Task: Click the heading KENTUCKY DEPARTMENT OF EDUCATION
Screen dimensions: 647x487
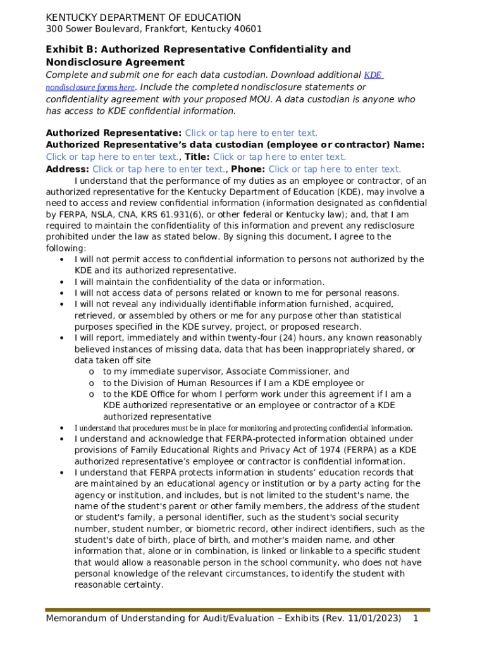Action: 143,18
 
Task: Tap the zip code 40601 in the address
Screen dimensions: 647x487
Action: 248,29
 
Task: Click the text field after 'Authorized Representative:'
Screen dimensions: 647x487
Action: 251,133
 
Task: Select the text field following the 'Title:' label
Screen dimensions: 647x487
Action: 280,157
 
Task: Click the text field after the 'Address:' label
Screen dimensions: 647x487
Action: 159,169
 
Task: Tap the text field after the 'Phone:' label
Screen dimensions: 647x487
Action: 335,169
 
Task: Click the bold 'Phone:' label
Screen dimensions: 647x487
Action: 249,169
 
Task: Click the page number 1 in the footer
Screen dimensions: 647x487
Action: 416,618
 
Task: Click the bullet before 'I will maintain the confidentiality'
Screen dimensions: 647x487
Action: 61,282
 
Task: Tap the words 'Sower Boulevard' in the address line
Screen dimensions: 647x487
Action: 99,29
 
